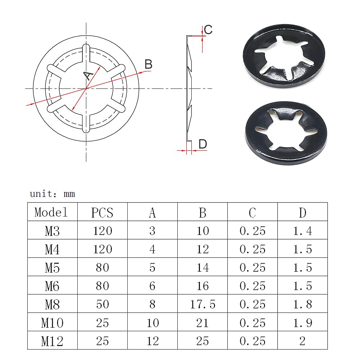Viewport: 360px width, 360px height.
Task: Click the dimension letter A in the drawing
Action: [x=88, y=75]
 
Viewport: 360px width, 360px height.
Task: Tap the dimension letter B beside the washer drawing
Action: [x=149, y=64]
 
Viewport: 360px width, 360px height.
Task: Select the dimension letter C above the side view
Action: [x=208, y=29]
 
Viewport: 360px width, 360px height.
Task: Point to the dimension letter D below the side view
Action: [x=203, y=144]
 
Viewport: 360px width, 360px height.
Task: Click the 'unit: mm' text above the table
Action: [x=53, y=194]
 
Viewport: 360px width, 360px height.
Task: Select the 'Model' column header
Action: [x=51, y=212]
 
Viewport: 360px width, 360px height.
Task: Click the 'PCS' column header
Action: [x=102, y=213]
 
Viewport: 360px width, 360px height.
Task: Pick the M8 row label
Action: [x=53, y=305]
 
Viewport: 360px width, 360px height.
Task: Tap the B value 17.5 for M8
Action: [x=203, y=305]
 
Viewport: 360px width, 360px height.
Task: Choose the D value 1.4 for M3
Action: [x=302, y=231]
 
